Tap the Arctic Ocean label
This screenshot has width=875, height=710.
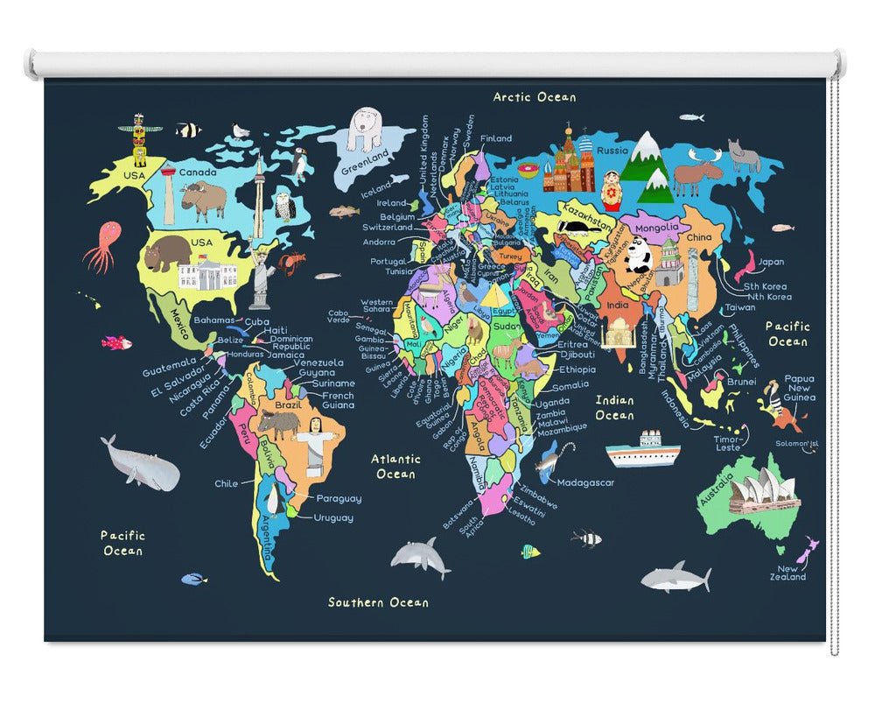pyautogui.click(x=535, y=97)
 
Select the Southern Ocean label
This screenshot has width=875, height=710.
pyautogui.click(x=378, y=602)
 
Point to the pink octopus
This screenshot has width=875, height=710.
pyautogui.click(x=103, y=244)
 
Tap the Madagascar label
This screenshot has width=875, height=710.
pyautogui.click(x=585, y=482)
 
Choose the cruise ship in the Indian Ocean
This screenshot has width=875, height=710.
pyautogui.click(x=642, y=449)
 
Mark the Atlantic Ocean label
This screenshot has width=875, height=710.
pyautogui.click(x=395, y=466)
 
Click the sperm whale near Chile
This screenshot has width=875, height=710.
pyautogui.click(x=140, y=464)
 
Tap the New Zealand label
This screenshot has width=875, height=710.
pyautogui.click(x=788, y=573)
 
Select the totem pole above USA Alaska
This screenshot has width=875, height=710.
pyautogui.click(x=138, y=140)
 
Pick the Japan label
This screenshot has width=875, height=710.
pyautogui.click(x=770, y=261)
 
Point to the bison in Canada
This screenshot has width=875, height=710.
pyautogui.click(x=204, y=201)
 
